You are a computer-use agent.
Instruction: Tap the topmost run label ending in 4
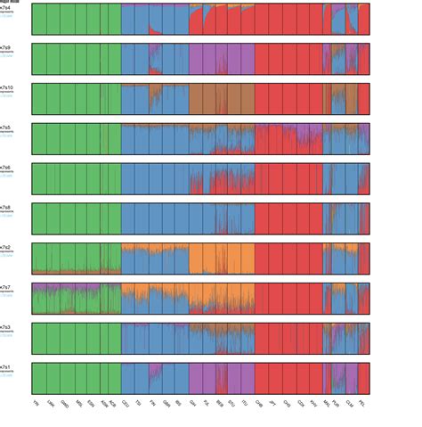(x=9, y=7)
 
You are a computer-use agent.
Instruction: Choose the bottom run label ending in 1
(x=9, y=366)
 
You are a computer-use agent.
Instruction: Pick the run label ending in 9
(x=9, y=47)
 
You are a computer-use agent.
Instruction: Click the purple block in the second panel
(x=209, y=58)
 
